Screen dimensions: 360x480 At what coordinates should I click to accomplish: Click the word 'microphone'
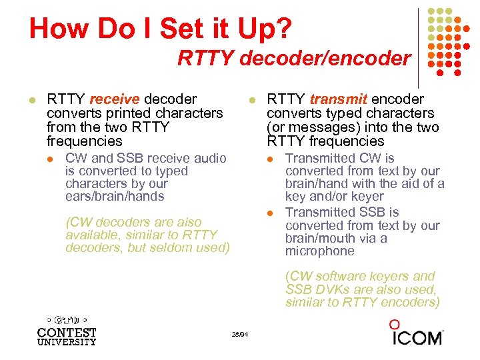[x=321, y=251]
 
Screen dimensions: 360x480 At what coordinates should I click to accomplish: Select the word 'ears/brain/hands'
[x=115, y=196]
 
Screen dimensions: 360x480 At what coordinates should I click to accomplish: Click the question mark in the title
[x=283, y=29]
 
